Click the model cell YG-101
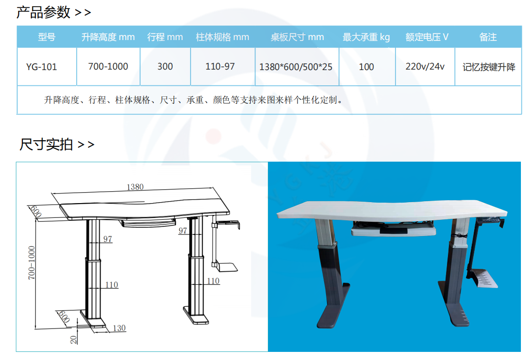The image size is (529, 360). click(41, 67)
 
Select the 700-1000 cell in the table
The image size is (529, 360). click(108, 66)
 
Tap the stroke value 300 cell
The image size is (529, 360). click(165, 66)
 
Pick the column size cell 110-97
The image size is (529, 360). click(220, 66)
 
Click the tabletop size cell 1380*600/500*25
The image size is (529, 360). click(296, 67)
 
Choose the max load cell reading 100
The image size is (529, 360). click(366, 67)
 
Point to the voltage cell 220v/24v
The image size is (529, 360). click(425, 66)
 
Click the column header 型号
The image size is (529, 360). click(47, 37)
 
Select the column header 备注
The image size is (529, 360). click(488, 37)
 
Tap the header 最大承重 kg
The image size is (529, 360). click(366, 37)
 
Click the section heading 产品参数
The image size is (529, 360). click(43, 12)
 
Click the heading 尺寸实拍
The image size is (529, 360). click(46, 144)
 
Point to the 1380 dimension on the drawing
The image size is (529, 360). click(135, 187)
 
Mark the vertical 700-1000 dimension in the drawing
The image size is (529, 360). click(31, 263)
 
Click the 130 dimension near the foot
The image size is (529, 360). click(119, 328)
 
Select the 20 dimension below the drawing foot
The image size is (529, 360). click(73, 340)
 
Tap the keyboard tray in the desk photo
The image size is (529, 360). click(393, 229)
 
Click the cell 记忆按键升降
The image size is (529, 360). click(489, 67)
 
